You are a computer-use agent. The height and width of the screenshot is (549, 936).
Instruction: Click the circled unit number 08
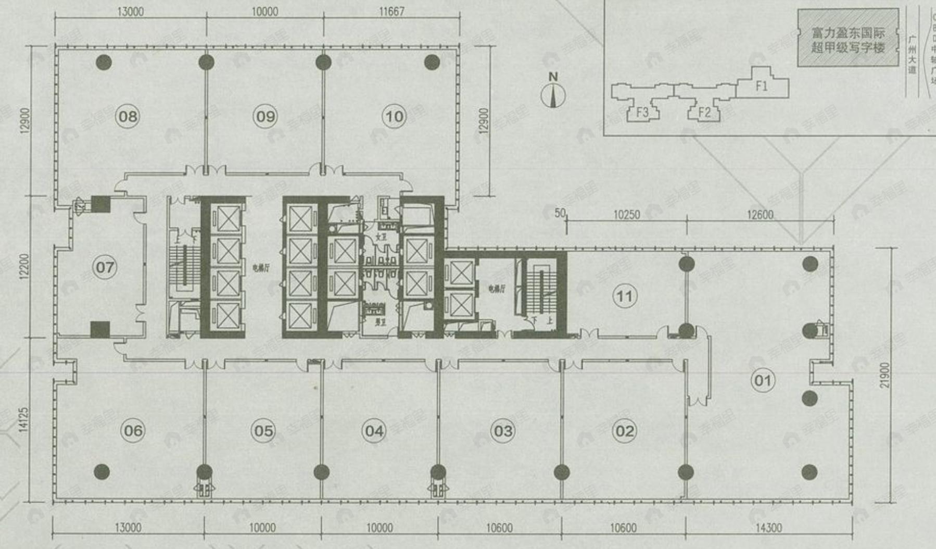coord(128,116)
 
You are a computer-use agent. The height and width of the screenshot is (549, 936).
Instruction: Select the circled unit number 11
coord(624,296)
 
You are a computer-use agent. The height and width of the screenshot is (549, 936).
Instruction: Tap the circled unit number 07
coord(105,267)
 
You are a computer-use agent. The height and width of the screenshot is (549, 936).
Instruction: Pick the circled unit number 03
coord(503,431)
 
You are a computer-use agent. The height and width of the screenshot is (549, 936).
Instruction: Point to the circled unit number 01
coord(763,380)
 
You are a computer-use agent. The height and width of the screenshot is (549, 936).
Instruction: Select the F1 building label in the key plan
coord(762,86)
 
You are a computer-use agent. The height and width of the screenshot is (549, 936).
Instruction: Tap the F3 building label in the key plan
coord(642,113)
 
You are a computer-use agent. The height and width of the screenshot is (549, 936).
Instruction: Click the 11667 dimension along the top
coord(391,11)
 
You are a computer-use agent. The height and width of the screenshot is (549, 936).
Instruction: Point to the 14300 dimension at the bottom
coord(768,528)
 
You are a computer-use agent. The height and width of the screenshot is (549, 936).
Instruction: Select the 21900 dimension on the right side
coord(885,375)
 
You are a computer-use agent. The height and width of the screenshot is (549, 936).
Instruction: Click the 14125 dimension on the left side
coord(24,420)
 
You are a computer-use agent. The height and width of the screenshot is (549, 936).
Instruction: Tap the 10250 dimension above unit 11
coord(626,215)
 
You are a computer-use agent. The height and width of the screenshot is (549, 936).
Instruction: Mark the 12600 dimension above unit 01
coord(760,215)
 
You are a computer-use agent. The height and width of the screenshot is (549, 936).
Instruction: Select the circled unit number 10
coord(394,116)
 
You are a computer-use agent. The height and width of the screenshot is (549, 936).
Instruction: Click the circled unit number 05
coord(263,431)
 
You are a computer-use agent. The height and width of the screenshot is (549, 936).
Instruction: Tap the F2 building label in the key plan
coord(704,113)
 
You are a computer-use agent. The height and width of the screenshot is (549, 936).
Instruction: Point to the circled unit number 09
coord(265,116)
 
